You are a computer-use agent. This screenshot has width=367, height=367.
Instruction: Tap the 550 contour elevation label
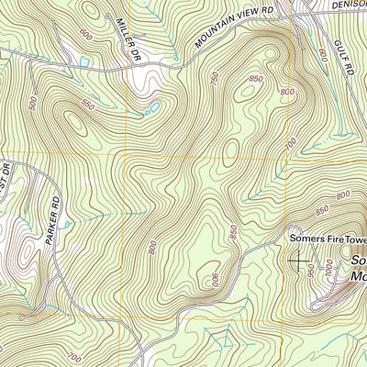tap(90, 104)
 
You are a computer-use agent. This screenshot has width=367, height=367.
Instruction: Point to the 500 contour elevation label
tap(34, 103)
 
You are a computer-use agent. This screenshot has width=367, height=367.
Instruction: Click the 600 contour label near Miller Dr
tap(86, 34)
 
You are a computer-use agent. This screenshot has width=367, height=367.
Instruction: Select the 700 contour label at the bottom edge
tap(74, 356)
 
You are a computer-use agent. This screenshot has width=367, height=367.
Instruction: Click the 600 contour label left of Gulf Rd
tap(321, 56)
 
